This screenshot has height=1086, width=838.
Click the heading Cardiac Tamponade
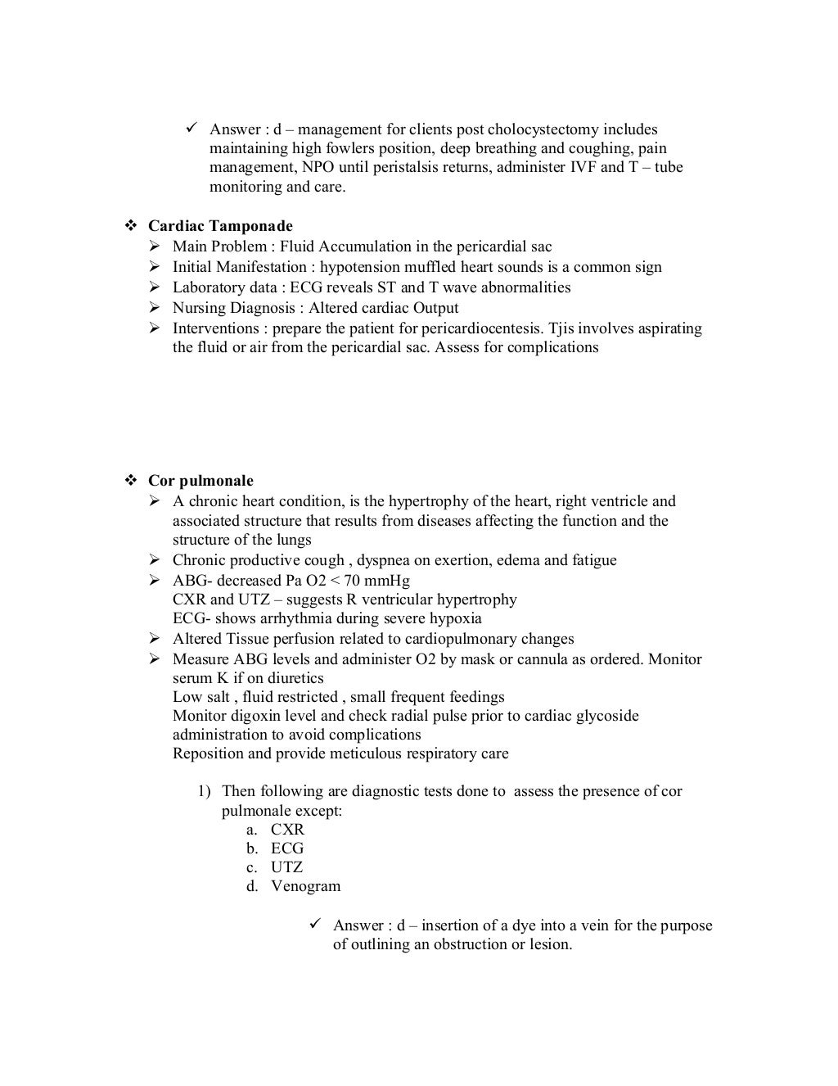point(220,226)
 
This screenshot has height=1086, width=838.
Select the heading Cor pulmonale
point(200,481)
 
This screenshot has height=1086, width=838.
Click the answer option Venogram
point(305,886)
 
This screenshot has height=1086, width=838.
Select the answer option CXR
point(287,830)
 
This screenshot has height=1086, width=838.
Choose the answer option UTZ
point(286,867)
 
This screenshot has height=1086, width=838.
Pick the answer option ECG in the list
point(287,848)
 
